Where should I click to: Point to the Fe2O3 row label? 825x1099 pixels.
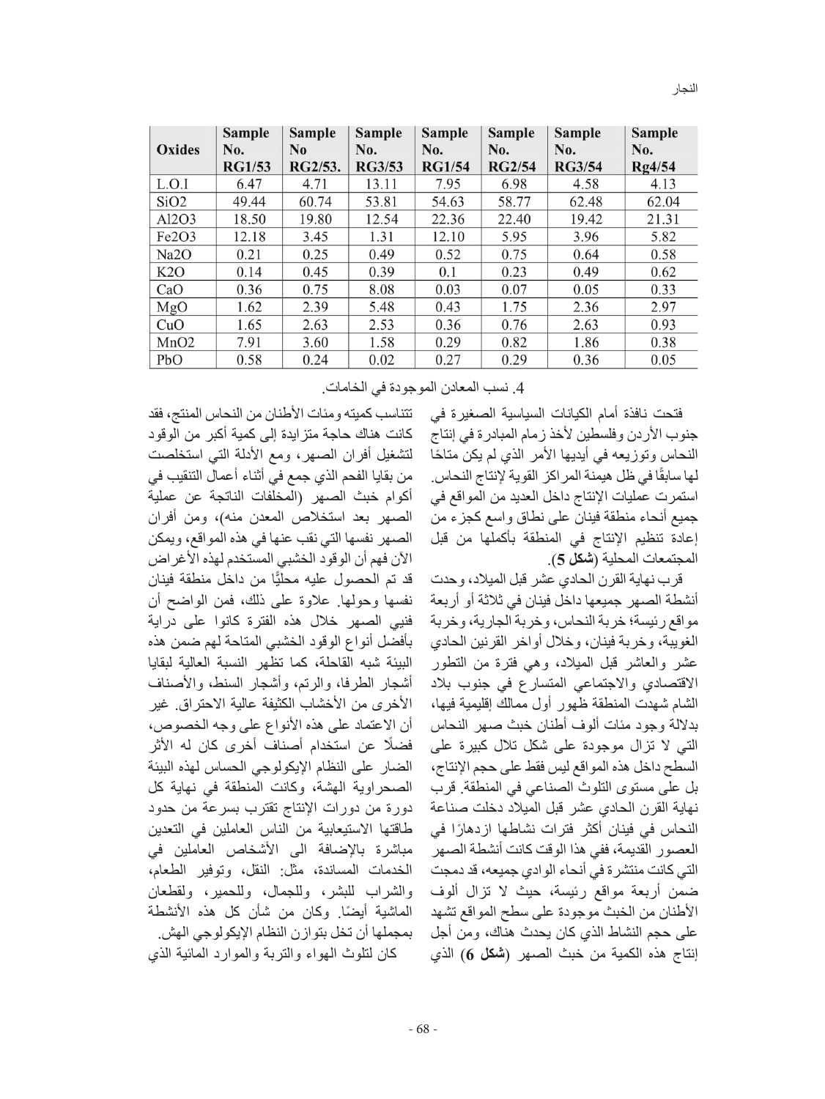click(x=176, y=237)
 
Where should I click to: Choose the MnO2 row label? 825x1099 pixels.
click(x=176, y=342)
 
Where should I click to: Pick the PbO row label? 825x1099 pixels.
click(x=169, y=360)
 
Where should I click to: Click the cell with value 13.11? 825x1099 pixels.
click(x=382, y=184)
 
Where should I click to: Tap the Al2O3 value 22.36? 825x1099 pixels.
click(x=446, y=219)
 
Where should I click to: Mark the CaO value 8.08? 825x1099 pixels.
click(x=382, y=289)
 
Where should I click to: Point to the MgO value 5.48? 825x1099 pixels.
click(x=382, y=307)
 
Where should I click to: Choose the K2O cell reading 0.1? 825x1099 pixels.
click(x=446, y=272)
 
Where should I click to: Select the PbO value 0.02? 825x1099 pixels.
click(x=382, y=360)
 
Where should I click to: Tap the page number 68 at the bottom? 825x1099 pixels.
click(x=423, y=1029)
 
